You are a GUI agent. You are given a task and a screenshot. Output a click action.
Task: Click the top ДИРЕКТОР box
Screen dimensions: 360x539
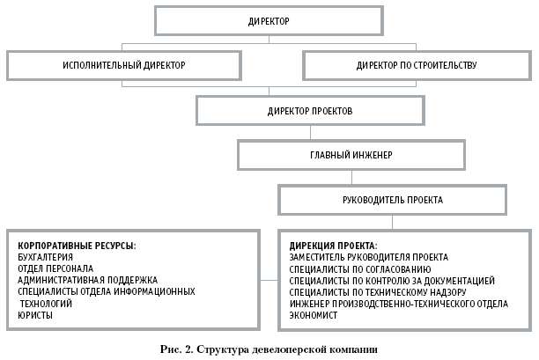tap(269, 19)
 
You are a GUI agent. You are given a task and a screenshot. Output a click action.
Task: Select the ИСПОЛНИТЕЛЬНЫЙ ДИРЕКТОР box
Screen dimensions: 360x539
tap(124, 65)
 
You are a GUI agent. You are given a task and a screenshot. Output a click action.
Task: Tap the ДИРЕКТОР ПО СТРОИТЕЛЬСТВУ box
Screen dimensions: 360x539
tap(417, 65)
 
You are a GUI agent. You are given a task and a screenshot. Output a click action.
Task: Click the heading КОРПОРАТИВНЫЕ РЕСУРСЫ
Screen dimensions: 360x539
tap(76, 244)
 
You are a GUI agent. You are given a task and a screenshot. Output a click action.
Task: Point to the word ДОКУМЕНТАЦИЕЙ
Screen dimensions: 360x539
tap(457, 280)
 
